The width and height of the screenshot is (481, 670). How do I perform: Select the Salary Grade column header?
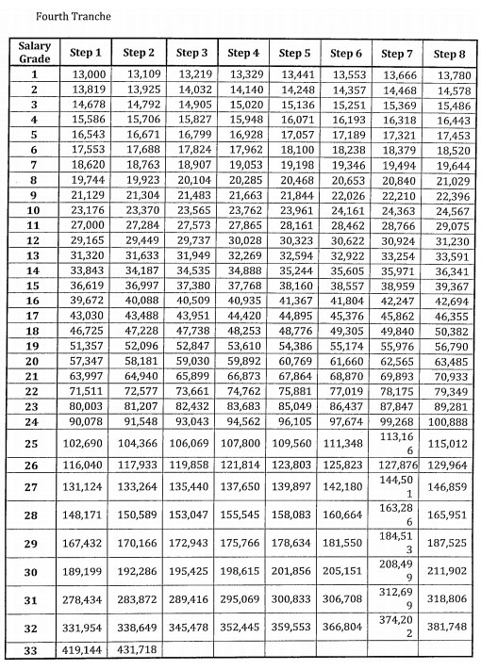(x=34, y=53)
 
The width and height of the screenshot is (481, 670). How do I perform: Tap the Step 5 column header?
(x=294, y=54)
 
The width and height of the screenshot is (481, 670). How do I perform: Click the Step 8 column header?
(x=449, y=54)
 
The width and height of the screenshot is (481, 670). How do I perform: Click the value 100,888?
(x=449, y=423)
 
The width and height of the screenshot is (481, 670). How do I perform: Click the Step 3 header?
(x=193, y=54)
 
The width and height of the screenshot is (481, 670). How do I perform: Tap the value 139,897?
(x=294, y=487)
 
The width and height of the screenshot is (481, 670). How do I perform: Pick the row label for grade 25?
(x=34, y=444)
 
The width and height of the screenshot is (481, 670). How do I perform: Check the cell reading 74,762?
(x=244, y=392)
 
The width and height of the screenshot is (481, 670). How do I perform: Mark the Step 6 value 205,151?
(x=346, y=571)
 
